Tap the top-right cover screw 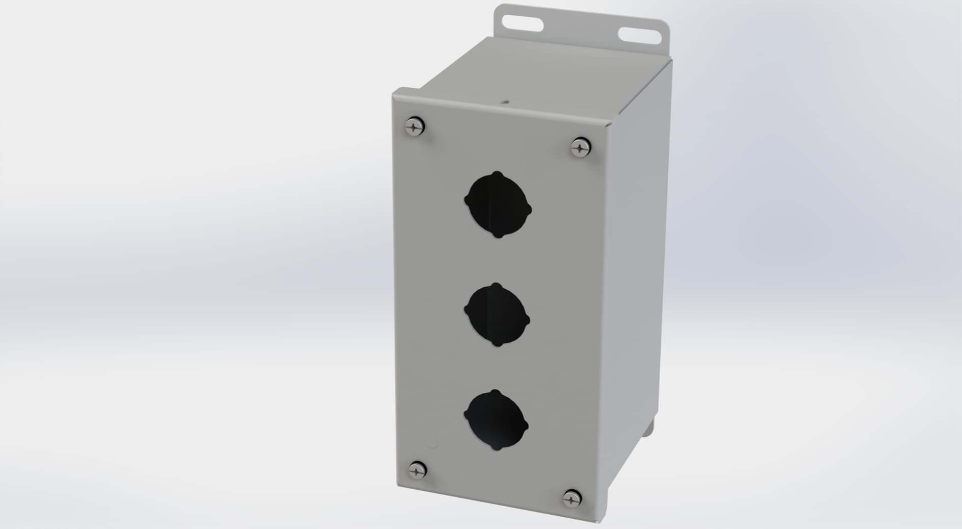[x=580, y=147]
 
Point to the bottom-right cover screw [x=571, y=498]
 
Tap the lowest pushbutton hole [x=496, y=420]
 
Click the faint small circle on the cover [x=432, y=443]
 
